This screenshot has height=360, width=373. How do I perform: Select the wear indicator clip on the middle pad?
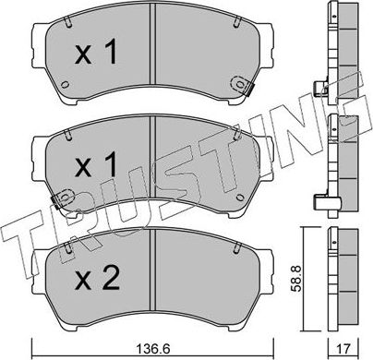click(63, 198)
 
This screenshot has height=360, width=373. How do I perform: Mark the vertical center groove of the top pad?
click(153, 55)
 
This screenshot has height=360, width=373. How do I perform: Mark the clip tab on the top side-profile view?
click(322, 89)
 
